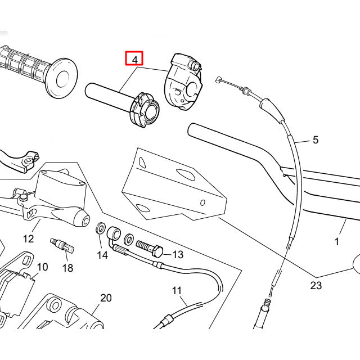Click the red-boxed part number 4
(134, 58)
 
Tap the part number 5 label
(315, 139)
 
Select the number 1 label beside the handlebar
(337, 242)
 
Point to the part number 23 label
(316, 285)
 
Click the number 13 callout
(178, 255)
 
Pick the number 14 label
(102, 255)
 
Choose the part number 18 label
(67, 268)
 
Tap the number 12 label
(28, 239)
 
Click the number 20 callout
(106, 298)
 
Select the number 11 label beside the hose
(177, 291)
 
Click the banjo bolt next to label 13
(148, 247)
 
